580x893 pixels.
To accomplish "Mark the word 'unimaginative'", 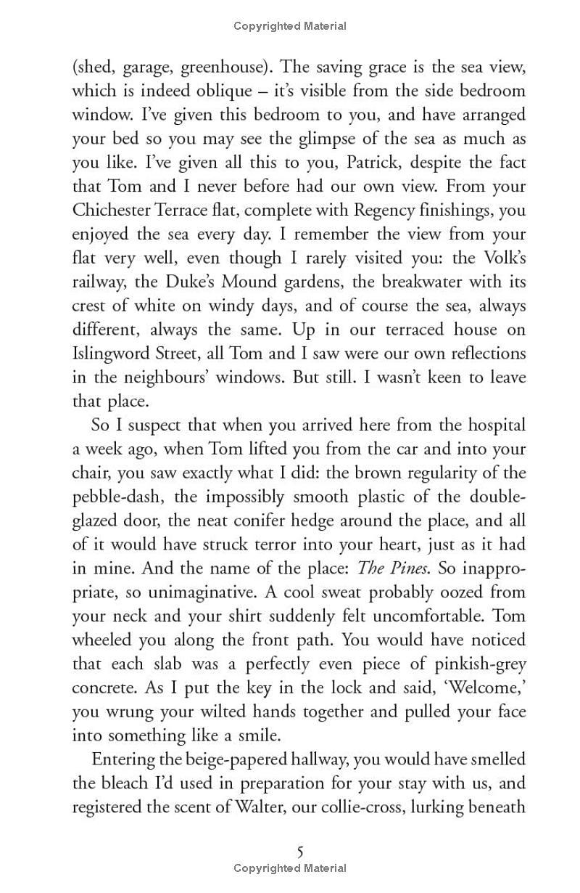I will [183, 592].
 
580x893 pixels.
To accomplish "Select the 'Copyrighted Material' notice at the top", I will [290, 26].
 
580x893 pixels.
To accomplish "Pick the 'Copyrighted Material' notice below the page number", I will [290, 868].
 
